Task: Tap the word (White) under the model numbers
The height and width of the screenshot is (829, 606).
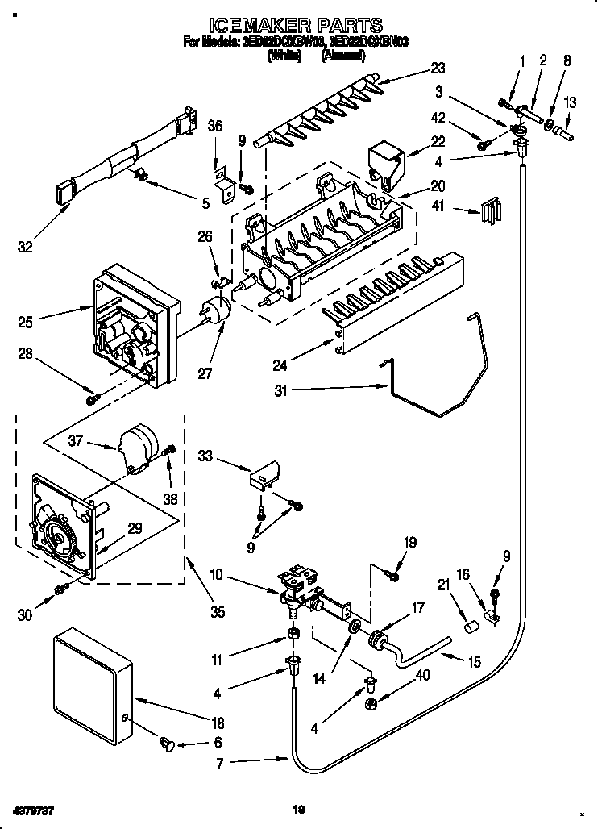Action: coord(284,56)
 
